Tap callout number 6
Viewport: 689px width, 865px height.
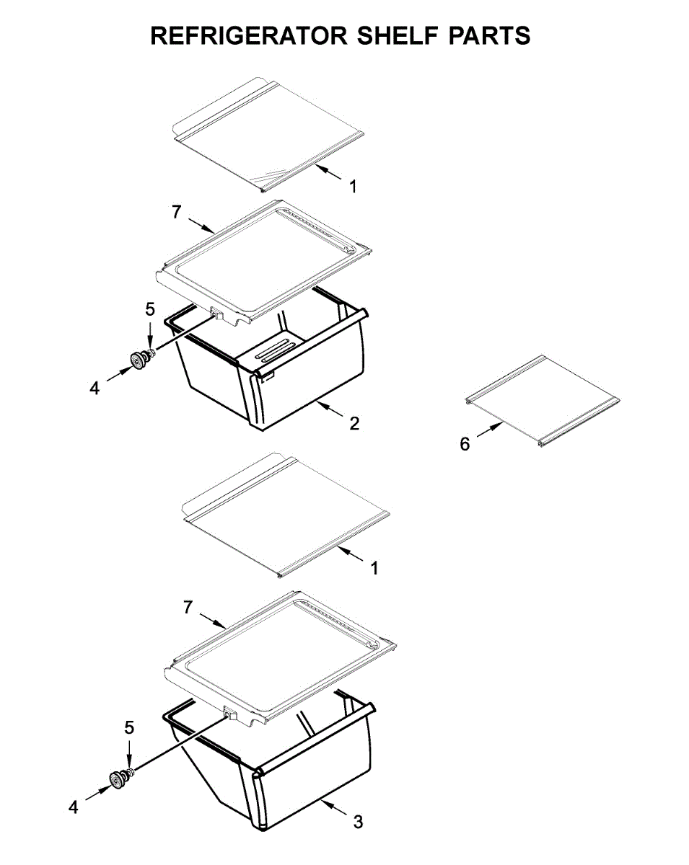[x=465, y=445]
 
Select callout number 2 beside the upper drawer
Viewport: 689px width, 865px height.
[x=354, y=423]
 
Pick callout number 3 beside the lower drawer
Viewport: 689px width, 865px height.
[x=359, y=822]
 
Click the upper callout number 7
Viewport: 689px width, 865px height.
[x=176, y=212]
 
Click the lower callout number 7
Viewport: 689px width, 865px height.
[x=188, y=608]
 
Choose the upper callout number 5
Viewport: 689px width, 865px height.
[x=150, y=309]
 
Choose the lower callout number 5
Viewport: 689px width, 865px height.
[x=129, y=728]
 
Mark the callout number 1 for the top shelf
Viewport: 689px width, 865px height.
[x=353, y=187]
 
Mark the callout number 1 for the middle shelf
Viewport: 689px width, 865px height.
[x=374, y=568]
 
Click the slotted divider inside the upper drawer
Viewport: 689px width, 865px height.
[x=274, y=350]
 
